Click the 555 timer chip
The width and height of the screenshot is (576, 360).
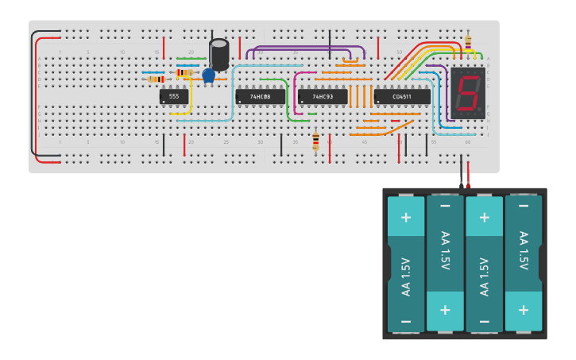[x=174, y=97]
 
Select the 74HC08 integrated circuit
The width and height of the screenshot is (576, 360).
[x=260, y=97]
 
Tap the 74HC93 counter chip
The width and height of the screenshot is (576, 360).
[x=322, y=97]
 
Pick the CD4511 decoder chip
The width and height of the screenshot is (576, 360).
[x=401, y=97]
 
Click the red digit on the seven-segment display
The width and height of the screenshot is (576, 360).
[x=468, y=94]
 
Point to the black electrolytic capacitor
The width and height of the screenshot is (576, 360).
[x=219, y=54]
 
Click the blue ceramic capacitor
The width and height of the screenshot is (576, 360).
[x=209, y=75]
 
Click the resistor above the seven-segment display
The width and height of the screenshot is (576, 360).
[x=467, y=41]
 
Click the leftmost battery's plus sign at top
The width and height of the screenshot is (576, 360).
[x=406, y=217]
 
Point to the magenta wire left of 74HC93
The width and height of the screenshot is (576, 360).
[x=295, y=91]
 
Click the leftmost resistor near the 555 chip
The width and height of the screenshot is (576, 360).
[x=157, y=79]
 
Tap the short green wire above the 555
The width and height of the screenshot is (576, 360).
[x=191, y=58]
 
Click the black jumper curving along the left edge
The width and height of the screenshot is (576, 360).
[x=33, y=95]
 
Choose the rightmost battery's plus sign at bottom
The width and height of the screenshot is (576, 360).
[x=524, y=309]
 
